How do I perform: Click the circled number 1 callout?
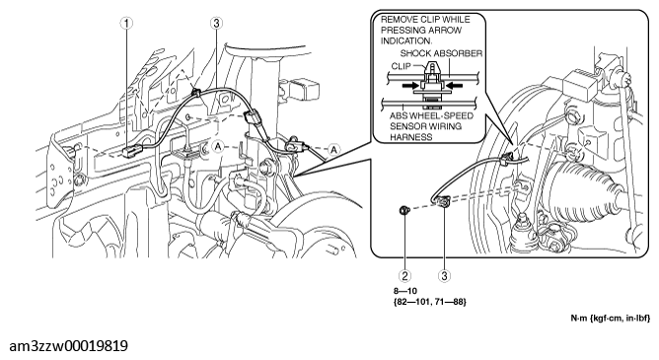tap(126, 23)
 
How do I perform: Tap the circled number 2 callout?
tap(404, 275)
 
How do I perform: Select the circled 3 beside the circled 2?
tap(444, 275)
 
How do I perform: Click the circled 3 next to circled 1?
tap(216, 23)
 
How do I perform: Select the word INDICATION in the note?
tap(406, 41)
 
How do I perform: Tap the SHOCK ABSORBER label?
tap(441, 53)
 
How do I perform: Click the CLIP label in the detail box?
tap(401, 66)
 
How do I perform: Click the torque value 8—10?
tap(405, 291)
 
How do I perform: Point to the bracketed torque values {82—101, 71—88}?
tap(429, 301)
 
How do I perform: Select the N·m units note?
tap(610, 318)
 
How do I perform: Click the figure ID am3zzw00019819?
tap(68, 346)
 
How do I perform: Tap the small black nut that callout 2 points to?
tap(404, 209)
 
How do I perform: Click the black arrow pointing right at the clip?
tap(410, 85)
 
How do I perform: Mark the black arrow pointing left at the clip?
tap(454, 85)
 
